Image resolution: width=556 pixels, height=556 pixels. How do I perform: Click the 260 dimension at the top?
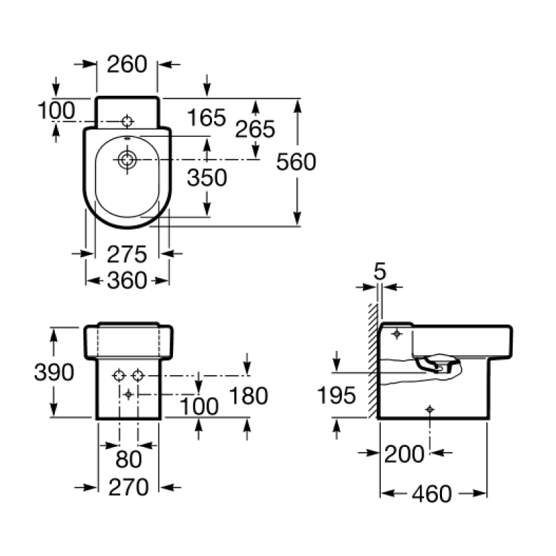coord(127,64)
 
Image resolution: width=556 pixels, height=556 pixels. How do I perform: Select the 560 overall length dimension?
coord(296,162)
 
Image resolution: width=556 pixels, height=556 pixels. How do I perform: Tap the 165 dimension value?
coord(206,117)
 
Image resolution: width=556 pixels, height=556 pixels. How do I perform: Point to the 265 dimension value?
coord(255,129)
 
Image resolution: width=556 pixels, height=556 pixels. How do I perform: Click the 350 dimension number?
coord(207,177)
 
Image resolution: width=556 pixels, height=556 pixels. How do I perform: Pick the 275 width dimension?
coord(127,254)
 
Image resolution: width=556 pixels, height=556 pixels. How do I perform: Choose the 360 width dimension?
coord(127,281)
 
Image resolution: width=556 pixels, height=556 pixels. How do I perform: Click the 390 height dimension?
coord(54,372)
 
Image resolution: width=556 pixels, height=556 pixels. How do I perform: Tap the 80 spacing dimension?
coord(129,459)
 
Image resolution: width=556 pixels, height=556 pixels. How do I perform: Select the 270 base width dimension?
coord(129,487)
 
